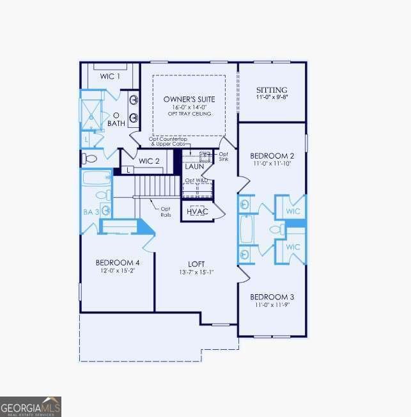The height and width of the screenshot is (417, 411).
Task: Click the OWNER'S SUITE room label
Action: pos(189,99)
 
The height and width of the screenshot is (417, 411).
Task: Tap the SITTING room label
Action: pos(272,90)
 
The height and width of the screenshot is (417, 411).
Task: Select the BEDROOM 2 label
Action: pos(272,156)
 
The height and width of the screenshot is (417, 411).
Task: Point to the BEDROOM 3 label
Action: pos(272,297)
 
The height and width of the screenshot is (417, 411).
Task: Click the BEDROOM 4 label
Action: pos(118,262)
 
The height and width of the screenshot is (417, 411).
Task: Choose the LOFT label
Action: pos(196,264)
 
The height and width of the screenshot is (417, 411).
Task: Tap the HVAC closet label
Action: pos(197,212)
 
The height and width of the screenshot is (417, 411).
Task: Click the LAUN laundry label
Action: pos(194,166)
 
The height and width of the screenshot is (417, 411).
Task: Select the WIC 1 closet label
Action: pos(110,76)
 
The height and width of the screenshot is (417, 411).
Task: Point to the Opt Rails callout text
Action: pos(166,212)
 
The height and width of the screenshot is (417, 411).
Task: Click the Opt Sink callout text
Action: pos(223,157)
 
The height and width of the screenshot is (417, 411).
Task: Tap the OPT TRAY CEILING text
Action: pos(189,114)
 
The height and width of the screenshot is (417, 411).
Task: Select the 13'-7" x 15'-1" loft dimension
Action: pos(196,272)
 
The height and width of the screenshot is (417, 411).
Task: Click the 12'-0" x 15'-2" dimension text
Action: pos(118,271)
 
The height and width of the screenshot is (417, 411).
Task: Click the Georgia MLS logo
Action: pos(31,406)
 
